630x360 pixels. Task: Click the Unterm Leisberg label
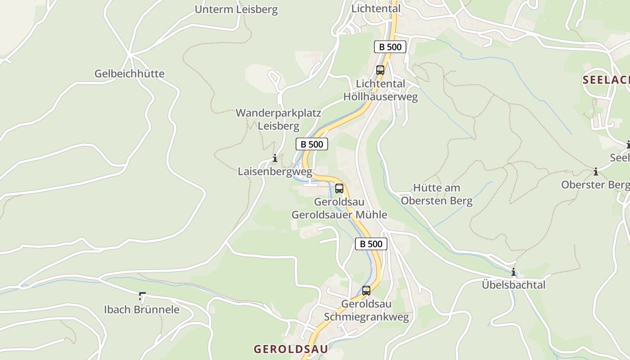pos(236,9)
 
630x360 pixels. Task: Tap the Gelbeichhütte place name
pos(129,73)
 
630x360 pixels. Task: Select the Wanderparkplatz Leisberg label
pos(278,119)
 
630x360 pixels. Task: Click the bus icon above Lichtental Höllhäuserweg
pos(380,70)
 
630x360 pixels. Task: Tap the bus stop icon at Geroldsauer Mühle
pos(339,189)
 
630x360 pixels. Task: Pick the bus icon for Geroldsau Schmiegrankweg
pos(366,291)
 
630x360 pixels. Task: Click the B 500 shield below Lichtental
pos(390,47)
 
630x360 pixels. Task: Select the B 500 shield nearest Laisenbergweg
pos(311,144)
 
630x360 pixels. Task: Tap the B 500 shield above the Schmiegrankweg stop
pos(371,244)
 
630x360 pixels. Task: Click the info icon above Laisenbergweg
pos(274,158)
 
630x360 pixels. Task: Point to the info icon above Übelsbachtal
pos(513,272)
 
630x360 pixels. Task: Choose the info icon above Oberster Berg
pos(596,171)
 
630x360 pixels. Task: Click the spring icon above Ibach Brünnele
pos(142,296)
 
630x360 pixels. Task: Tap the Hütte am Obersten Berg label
pos(436,194)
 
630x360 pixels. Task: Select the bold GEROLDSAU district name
pos(291,349)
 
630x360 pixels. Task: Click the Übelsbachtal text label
pos(513,285)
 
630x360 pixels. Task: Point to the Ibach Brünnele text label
pos(141,310)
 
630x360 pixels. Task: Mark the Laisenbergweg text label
pos(274,171)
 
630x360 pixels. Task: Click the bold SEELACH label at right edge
pos(606,80)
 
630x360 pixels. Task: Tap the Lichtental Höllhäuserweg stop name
pos(380,90)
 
